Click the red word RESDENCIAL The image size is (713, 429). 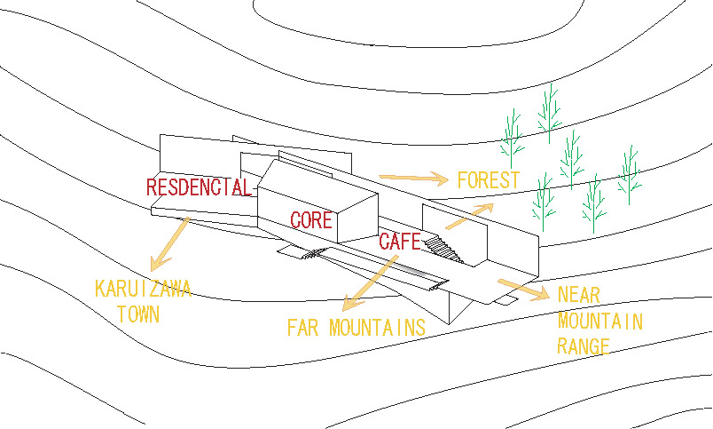200,188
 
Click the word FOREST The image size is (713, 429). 488,180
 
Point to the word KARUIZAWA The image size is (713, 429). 143,290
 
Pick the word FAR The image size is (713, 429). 304,328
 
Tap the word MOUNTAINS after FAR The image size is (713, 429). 377,328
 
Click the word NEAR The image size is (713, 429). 582,296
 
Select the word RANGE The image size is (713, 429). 584,346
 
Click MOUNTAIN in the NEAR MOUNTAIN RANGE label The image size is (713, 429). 599,321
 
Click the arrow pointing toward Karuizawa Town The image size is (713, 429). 169,242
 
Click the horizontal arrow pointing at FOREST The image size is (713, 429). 413,178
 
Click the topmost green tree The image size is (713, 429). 550,111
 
